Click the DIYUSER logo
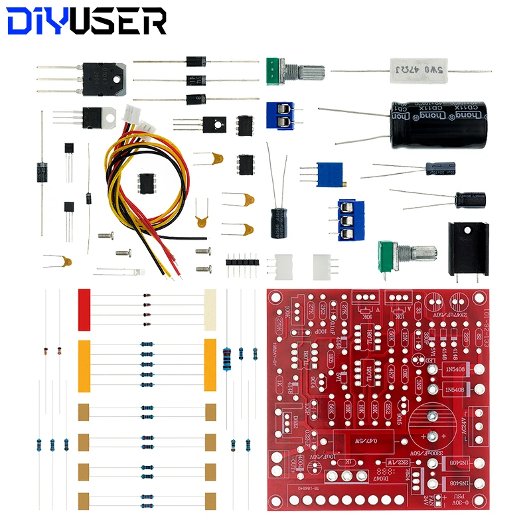click(87, 22)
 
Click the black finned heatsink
click(469, 246)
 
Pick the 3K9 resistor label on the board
click(419, 385)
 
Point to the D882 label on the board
click(290, 421)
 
